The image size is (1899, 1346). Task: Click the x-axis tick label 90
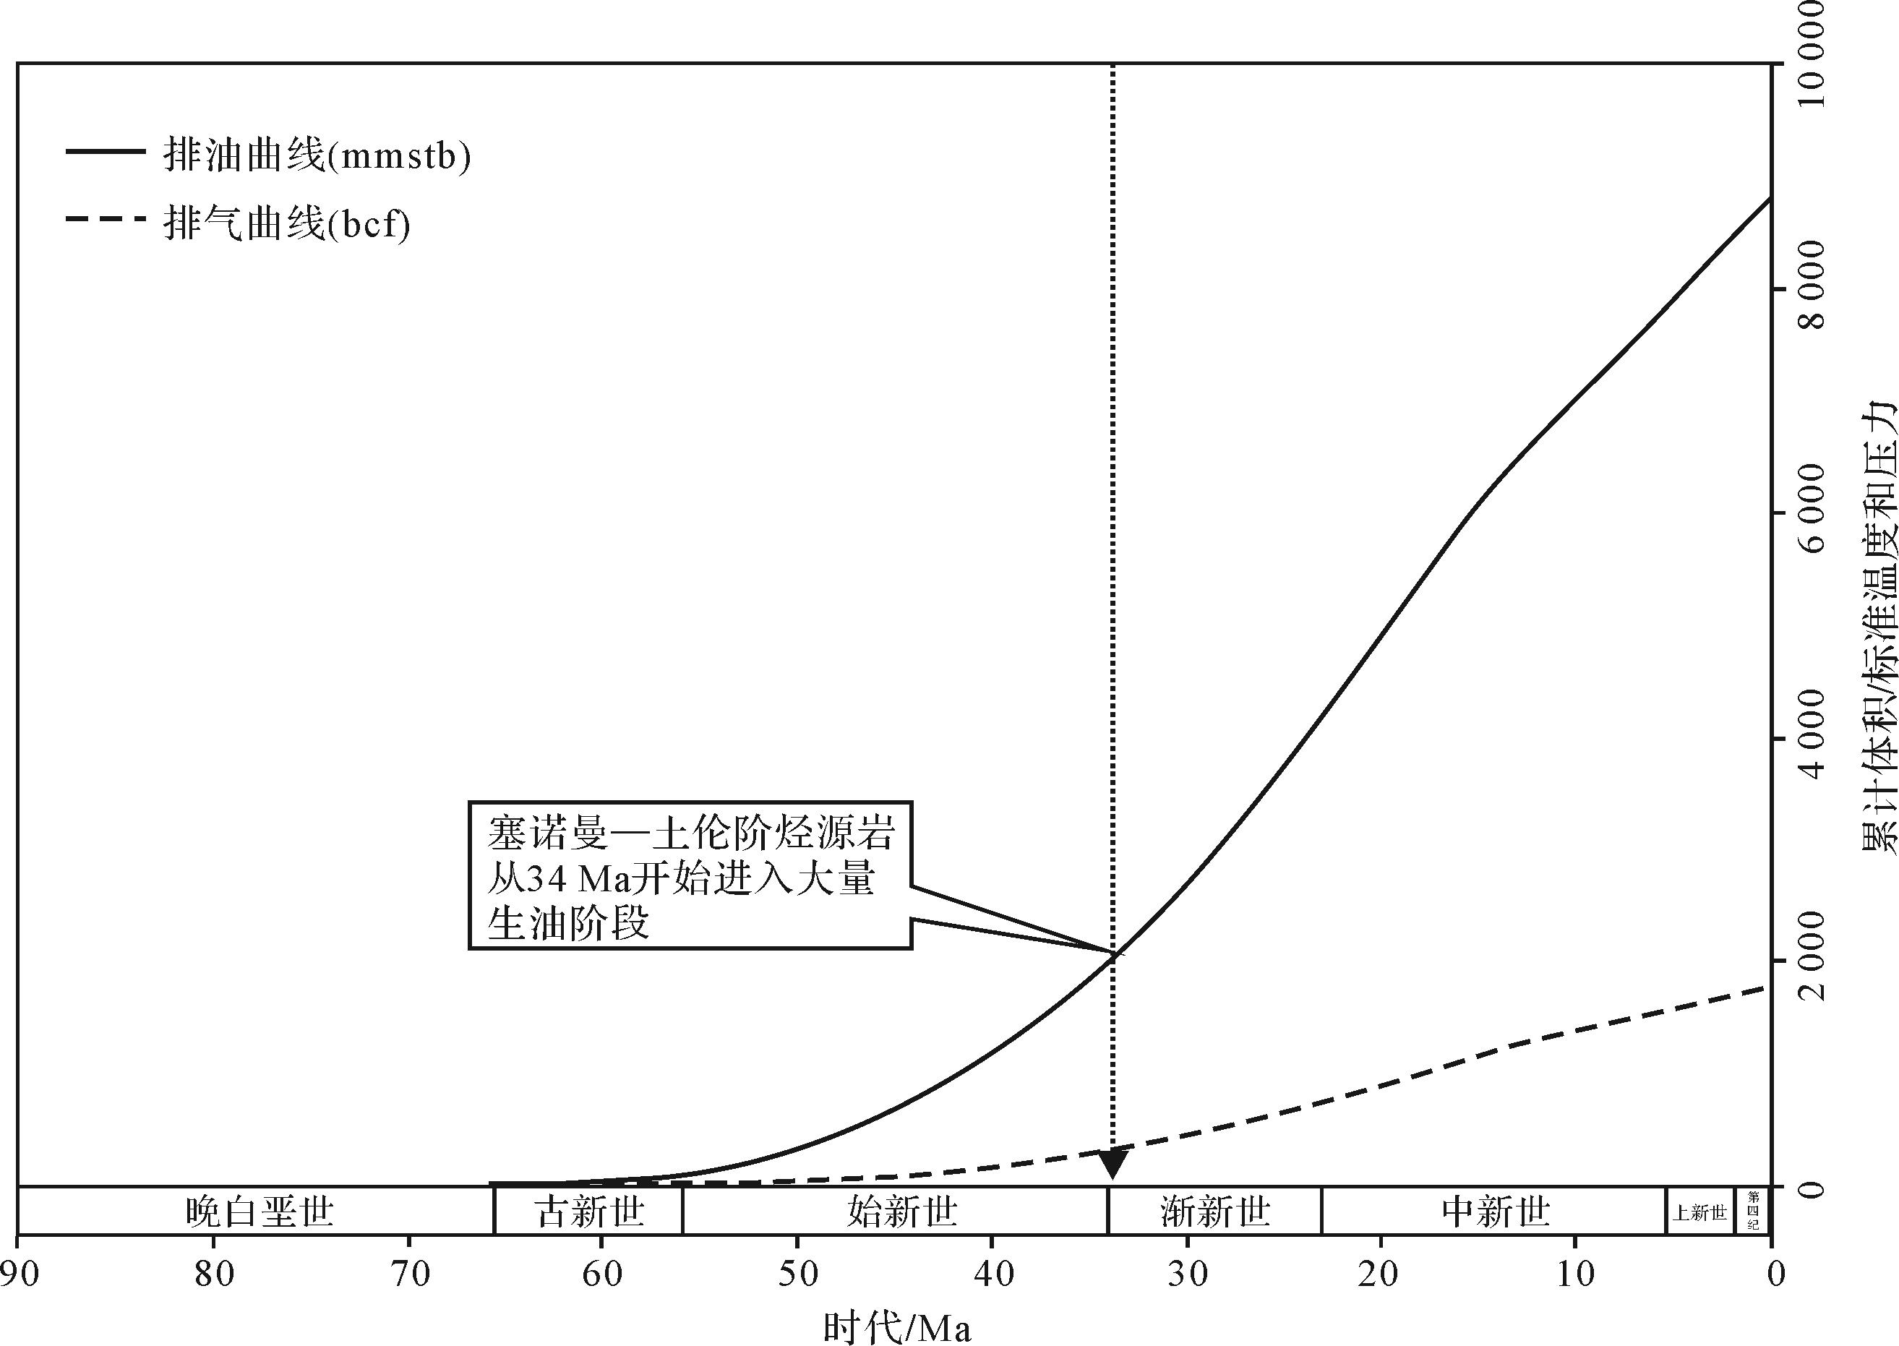click(x=18, y=1274)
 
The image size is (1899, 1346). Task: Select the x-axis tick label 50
click(x=797, y=1274)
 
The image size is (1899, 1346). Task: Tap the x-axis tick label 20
click(x=1381, y=1274)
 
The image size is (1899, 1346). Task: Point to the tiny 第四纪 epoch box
click(x=1753, y=1211)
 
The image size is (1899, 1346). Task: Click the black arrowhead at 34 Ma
click(x=1113, y=1164)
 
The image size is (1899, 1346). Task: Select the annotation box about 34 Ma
click(x=690, y=875)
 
